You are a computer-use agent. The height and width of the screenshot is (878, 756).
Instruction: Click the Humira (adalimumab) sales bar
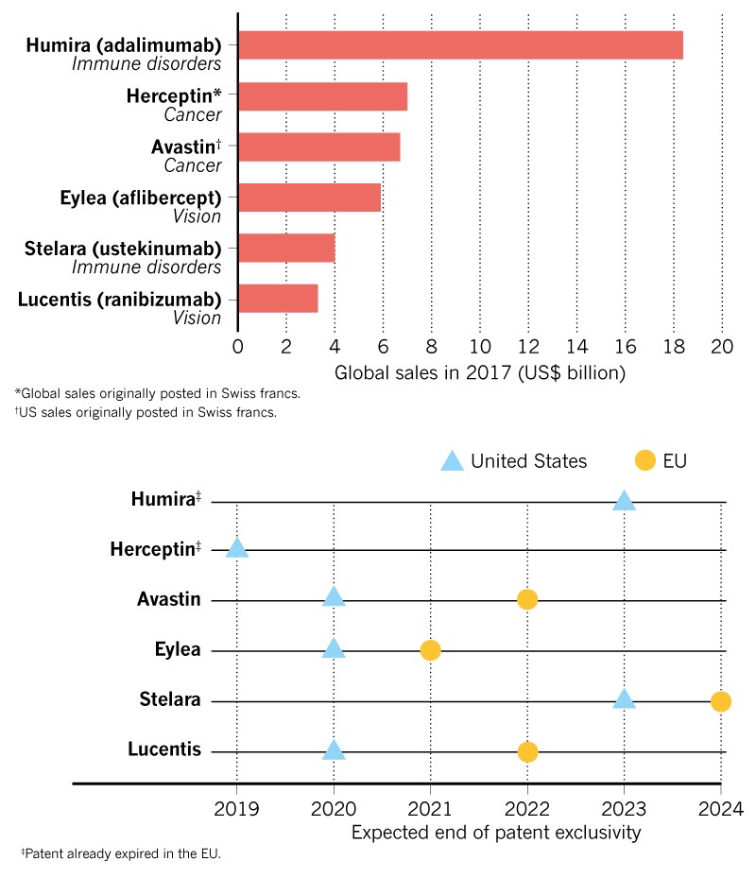point(460,45)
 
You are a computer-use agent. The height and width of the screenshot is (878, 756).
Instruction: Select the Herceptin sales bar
point(322,96)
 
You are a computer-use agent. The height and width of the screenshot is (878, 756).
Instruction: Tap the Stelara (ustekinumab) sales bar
point(286,248)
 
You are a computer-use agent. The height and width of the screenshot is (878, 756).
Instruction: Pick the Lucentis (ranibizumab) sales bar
point(278,298)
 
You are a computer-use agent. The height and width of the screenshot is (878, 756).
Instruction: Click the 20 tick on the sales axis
point(722,345)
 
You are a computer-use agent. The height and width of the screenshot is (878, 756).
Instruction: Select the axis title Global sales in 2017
point(480,372)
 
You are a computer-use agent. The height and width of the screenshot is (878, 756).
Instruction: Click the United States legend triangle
point(453,461)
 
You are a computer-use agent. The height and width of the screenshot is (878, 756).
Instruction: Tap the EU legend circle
point(645,461)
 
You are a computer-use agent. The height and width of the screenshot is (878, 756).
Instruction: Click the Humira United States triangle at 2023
point(624,500)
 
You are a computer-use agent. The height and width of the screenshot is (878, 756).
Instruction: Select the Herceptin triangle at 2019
point(236,549)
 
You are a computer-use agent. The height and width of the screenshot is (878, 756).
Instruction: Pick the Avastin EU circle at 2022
point(527,599)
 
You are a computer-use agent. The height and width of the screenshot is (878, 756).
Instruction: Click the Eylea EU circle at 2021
point(430,650)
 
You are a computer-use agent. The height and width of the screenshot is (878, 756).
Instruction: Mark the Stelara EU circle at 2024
point(721,701)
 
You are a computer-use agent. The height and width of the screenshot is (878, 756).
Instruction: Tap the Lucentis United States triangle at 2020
point(334,750)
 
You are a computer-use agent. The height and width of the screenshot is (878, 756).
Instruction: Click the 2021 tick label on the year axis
point(430,809)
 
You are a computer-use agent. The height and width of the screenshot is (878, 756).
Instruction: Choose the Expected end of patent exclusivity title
point(496,833)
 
